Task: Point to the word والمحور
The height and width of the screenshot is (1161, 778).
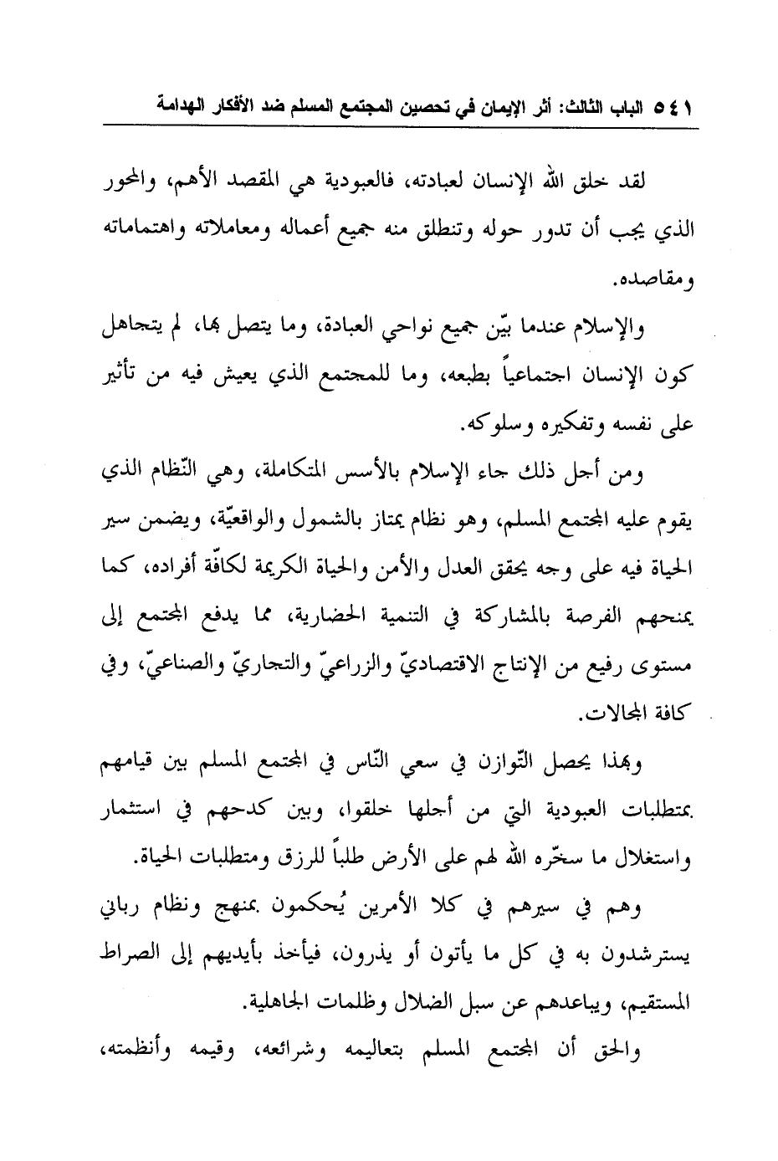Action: click(x=133, y=181)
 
